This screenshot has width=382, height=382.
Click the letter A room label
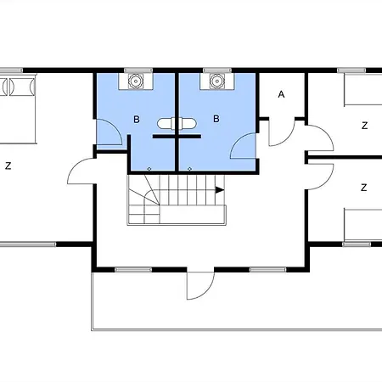281,94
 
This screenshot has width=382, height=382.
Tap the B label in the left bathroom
137,120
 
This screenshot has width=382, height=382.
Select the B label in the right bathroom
216,119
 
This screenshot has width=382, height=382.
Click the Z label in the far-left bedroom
8,166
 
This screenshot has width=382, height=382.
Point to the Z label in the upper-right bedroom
365,126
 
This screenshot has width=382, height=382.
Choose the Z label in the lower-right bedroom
364,188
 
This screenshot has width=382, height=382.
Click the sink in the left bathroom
136,81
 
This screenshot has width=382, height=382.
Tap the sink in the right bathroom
217,81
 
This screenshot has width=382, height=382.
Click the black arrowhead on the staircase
220,190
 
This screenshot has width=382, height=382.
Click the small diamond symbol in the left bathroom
149,169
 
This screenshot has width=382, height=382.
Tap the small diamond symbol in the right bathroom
189,169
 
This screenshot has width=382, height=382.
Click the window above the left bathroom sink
138,70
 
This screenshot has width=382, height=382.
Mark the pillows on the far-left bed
18,87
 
